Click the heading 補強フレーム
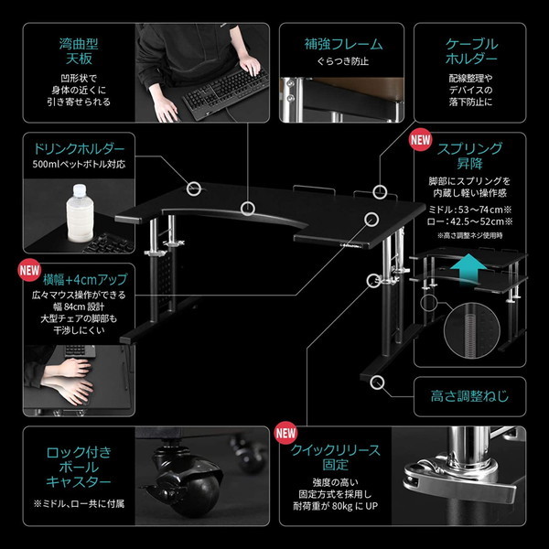(343, 45)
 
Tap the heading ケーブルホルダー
(471, 51)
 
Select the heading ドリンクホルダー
(79, 149)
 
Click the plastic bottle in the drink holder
(80, 213)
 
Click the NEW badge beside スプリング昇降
(421, 140)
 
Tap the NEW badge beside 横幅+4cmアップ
(29, 270)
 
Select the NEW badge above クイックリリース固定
(285, 433)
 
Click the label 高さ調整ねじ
(469, 396)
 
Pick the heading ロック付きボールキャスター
(79, 467)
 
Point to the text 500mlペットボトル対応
(79, 164)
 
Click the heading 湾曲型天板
(79, 51)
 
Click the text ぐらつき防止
(343, 61)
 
